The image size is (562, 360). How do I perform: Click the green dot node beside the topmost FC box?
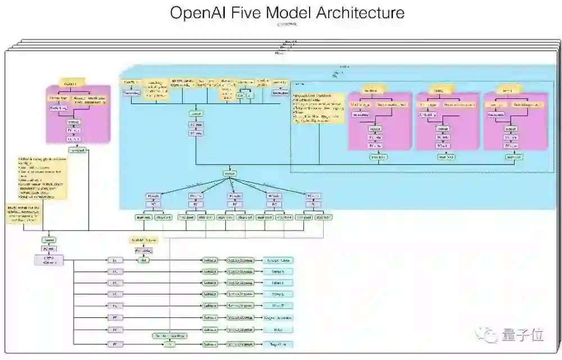coord(144,260)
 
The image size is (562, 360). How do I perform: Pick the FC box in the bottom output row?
coord(114,344)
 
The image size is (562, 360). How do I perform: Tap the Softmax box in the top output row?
coord(210,260)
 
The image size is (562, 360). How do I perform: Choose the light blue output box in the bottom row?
coord(279,344)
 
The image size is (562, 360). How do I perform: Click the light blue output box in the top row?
coord(279,260)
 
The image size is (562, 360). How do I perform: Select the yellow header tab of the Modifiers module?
coord(370,90)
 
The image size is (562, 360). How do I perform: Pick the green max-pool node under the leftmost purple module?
coord(77,151)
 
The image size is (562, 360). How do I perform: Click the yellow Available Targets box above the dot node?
coord(144,240)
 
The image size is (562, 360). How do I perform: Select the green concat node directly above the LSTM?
coord(48,240)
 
